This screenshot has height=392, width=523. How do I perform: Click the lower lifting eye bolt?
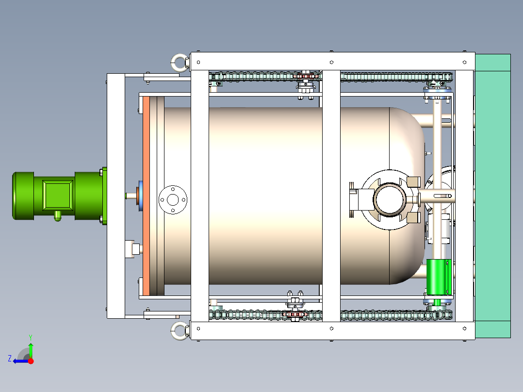(x=179, y=331)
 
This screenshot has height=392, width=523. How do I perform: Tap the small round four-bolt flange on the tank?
(x=173, y=199)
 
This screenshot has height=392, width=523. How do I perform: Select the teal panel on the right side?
(x=492, y=196)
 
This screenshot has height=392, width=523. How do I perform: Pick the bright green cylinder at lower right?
(x=439, y=277)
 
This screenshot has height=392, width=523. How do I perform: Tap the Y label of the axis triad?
(x=30, y=336)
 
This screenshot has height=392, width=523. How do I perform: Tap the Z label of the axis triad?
(x=10, y=359)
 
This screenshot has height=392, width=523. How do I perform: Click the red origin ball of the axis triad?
(x=31, y=361)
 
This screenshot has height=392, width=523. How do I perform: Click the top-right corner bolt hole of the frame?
(x=464, y=62)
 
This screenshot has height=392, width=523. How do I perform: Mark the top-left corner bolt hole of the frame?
(x=199, y=62)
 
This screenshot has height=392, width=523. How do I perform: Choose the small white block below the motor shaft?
(x=131, y=249)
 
